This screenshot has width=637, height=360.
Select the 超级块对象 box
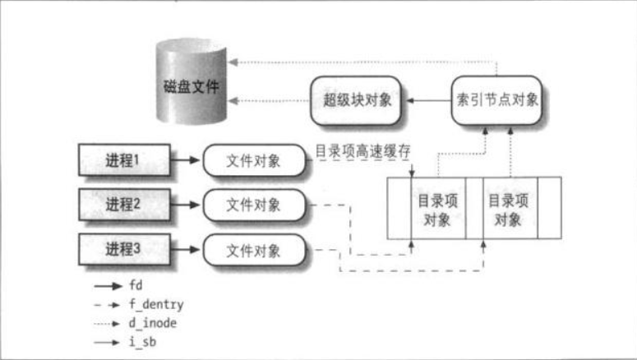[x=357, y=101]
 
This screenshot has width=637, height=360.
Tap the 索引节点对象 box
[x=498, y=101]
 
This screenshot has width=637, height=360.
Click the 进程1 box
[x=123, y=161]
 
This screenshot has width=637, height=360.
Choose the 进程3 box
[x=123, y=248]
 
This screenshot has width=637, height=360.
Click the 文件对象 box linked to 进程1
[x=253, y=161]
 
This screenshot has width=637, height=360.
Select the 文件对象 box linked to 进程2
[x=253, y=205]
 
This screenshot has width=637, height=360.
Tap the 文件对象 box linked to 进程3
[x=253, y=248]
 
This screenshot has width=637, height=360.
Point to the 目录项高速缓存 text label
[x=362, y=151]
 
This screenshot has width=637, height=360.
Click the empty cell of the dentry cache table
[x=397, y=209]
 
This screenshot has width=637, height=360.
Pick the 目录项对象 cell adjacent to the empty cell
[x=436, y=209]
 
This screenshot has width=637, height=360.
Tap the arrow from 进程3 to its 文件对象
[x=186, y=248]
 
